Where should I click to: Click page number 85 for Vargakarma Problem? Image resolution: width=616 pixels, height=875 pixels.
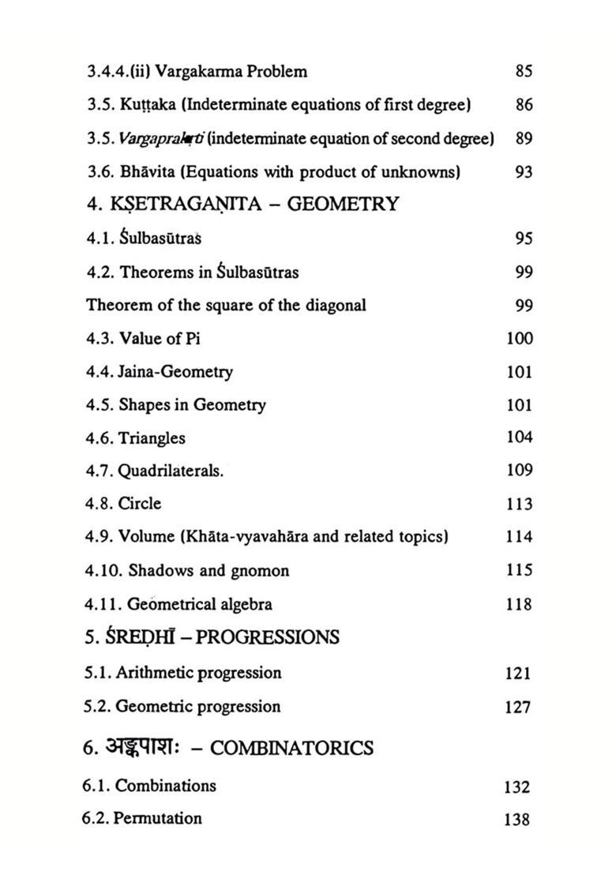click(x=523, y=72)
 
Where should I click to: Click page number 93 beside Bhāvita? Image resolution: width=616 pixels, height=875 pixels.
click(x=523, y=172)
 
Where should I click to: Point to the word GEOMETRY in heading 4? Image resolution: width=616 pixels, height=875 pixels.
click(x=343, y=205)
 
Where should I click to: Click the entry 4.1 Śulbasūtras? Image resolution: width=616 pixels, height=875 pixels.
click(x=145, y=238)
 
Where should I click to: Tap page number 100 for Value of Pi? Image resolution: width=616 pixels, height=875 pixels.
click(x=519, y=339)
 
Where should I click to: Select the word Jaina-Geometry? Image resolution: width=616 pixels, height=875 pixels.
click(x=175, y=372)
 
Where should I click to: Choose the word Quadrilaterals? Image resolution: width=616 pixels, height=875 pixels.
click(x=171, y=471)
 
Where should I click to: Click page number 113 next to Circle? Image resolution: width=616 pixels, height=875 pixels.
click(x=519, y=505)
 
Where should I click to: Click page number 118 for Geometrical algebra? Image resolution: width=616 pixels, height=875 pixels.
click(x=519, y=605)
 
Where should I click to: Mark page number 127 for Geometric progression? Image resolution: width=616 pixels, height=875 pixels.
click(x=517, y=708)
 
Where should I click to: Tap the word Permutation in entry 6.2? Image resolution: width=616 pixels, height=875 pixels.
click(x=157, y=819)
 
